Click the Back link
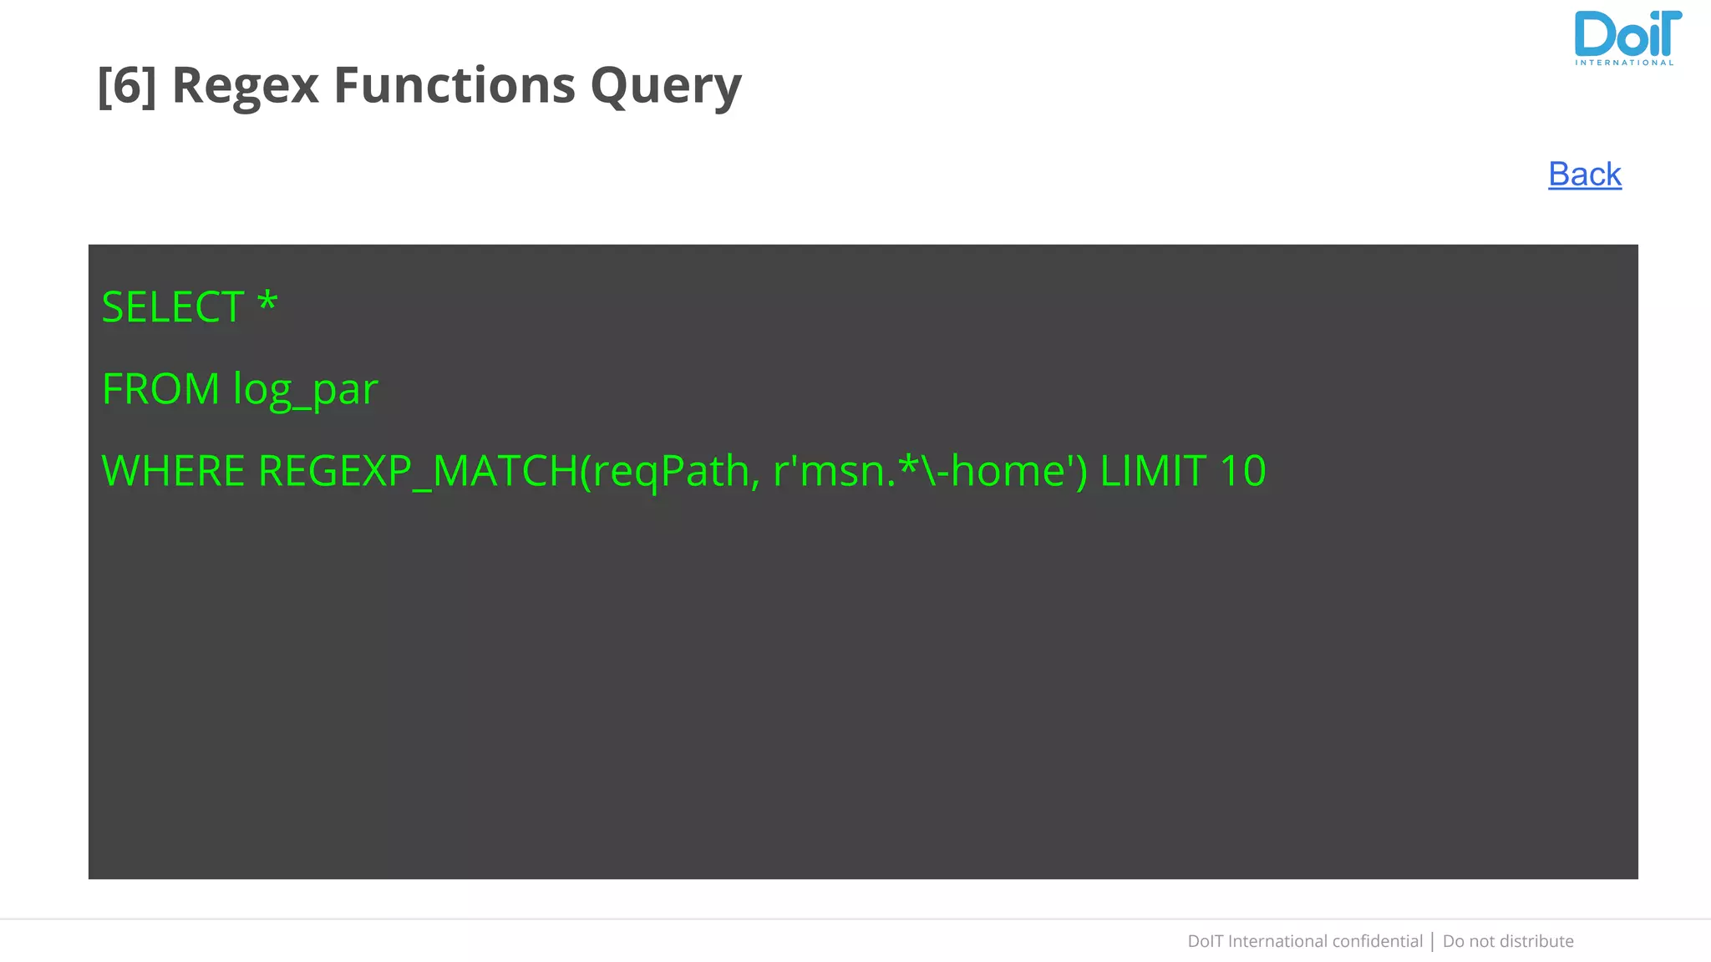point(1584,175)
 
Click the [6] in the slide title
point(126,85)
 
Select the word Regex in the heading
point(245,85)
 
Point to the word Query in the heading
point(666,87)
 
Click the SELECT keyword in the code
point(173,306)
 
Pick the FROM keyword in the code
point(160,388)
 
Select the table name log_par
point(306,390)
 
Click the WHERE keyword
point(173,470)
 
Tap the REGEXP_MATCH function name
point(418,470)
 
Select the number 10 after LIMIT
point(1242,470)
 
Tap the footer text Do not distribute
point(1507,941)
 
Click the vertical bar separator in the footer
point(1433,941)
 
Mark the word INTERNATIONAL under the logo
point(1624,63)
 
